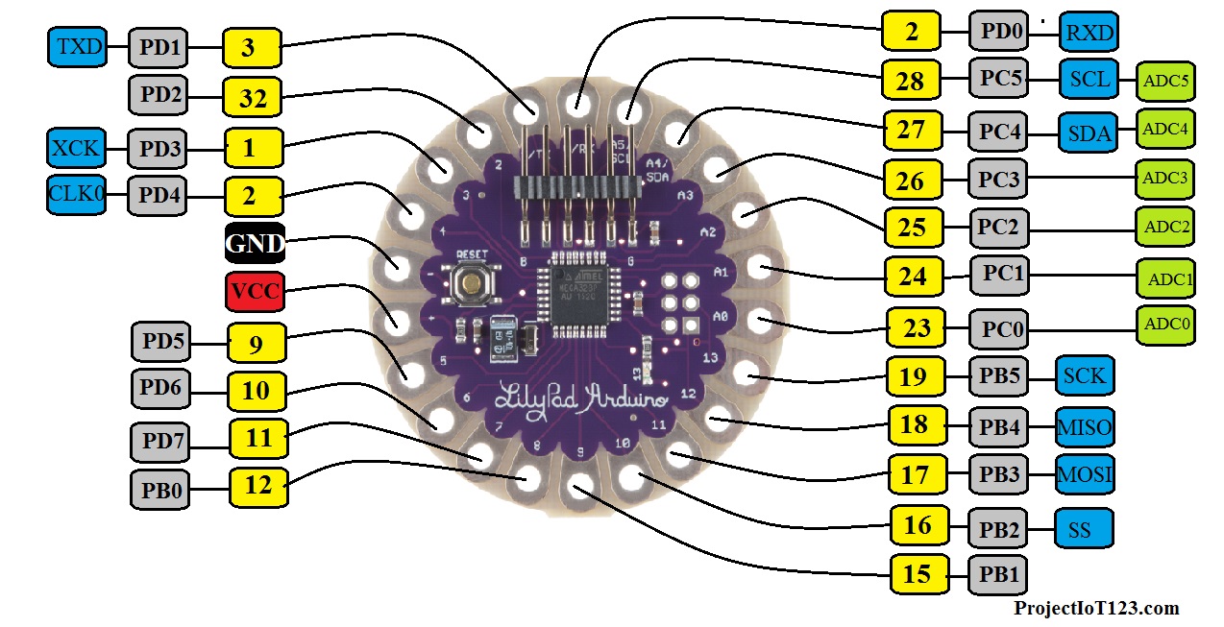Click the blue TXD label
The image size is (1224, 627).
pyautogui.click(x=76, y=46)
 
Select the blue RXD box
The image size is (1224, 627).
pyautogui.click(x=1089, y=34)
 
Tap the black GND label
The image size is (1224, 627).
pyautogui.click(x=255, y=243)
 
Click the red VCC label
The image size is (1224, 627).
pyautogui.click(x=255, y=291)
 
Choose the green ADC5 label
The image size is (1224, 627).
pyautogui.click(x=1165, y=81)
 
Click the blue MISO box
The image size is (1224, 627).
pyautogui.click(x=1086, y=425)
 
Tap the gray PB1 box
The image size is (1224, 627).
pyautogui.click(x=997, y=574)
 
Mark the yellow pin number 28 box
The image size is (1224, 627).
pyautogui.click(x=911, y=81)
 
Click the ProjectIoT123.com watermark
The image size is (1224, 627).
pyautogui.click(x=1095, y=608)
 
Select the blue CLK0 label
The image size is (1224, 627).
pyautogui.click(x=76, y=196)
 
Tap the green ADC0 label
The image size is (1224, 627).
pyautogui.click(x=1165, y=326)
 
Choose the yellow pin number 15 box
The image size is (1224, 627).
pyautogui.click(x=918, y=574)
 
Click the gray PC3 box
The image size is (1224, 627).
pyautogui.click(x=998, y=179)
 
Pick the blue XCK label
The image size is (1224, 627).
pyautogui.click(x=76, y=150)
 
